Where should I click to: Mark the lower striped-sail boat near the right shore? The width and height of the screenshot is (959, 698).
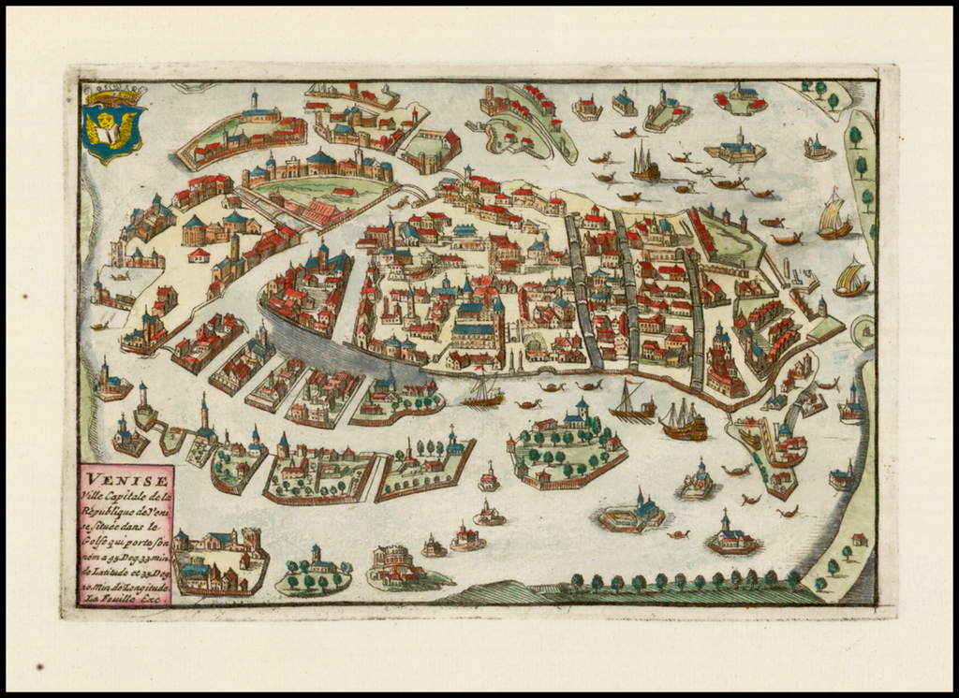[x=850, y=279]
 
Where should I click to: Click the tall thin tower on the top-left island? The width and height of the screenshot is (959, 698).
[x=254, y=101]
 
